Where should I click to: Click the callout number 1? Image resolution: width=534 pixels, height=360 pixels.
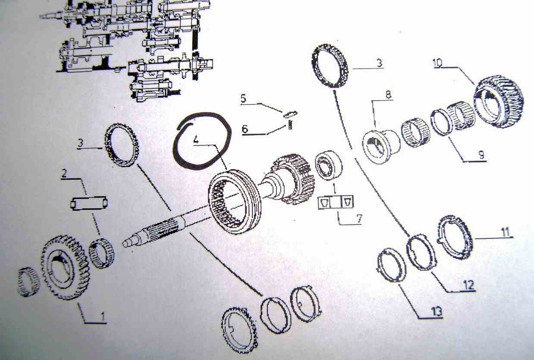click(x=103, y=316)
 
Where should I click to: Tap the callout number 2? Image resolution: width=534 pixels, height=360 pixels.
click(x=64, y=174)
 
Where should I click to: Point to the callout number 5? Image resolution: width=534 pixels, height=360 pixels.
click(x=243, y=98)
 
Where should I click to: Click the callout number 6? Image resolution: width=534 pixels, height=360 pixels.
click(x=245, y=129)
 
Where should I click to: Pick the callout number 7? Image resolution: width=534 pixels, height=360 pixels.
click(x=359, y=219)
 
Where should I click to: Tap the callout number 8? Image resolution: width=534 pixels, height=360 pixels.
click(x=388, y=95)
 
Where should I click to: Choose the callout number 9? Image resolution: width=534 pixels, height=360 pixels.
click(x=481, y=155)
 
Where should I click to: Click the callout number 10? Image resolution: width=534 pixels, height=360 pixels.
click(x=438, y=63)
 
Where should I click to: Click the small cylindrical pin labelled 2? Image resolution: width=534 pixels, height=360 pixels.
click(x=89, y=203)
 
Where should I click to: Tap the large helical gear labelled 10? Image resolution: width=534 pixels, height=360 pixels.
click(x=499, y=101)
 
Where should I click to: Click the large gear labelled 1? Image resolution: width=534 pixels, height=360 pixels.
click(x=66, y=267)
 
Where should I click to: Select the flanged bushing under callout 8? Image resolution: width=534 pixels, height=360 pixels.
click(x=381, y=146)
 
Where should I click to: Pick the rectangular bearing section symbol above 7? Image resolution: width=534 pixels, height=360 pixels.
click(x=336, y=202)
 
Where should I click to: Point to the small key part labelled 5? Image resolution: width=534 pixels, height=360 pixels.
click(x=290, y=114)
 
